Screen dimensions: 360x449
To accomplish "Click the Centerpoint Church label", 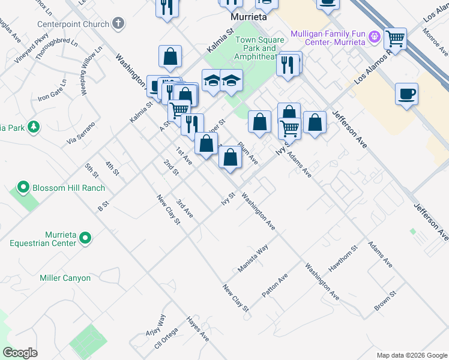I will [x=72, y=24].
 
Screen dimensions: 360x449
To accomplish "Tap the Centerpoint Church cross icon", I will [x=118, y=24].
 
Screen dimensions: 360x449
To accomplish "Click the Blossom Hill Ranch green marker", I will [x=23, y=187].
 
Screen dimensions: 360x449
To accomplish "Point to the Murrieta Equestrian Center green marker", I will [x=85, y=238].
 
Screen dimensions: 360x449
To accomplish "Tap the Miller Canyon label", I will [x=65, y=278].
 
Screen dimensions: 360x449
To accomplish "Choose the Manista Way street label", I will [x=253, y=259].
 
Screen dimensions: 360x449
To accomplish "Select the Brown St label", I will [x=385, y=301].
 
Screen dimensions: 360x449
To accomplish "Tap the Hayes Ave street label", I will [x=197, y=329].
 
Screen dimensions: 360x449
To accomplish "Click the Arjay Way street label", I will [x=154, y=326].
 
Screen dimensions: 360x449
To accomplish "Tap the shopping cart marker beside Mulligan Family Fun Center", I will [x=396, y=38].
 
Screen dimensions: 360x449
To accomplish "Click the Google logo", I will [x=20, y=353].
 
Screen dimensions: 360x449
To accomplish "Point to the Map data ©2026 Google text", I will [x=411, y=355].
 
